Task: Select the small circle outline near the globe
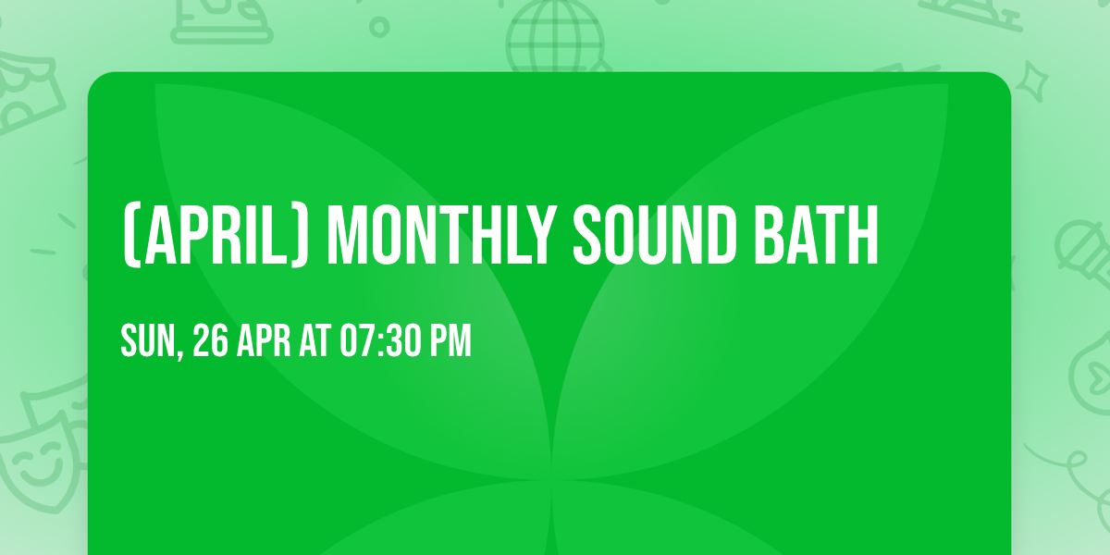[379, 25]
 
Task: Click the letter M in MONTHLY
[348, 236]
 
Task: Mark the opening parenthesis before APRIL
[129, 236]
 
